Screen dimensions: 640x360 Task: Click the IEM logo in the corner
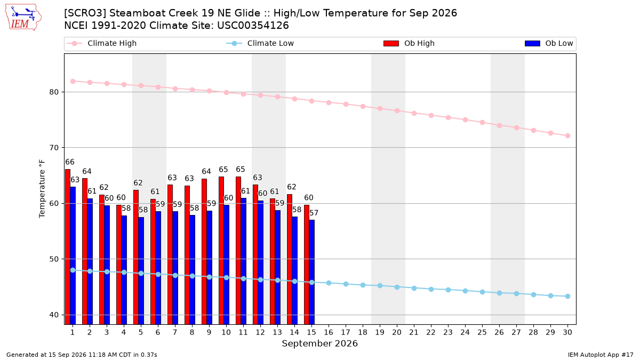tap(23, 18)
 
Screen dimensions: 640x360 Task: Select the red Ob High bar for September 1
tap(68, 246)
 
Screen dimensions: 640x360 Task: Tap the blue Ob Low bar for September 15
tap(311, 272)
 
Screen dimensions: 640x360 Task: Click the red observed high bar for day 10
tap(221, 250)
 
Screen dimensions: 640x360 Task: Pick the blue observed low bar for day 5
tap(141, 270)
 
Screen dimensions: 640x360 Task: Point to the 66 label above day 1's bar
tap(70, 162)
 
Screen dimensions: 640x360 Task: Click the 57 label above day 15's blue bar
tap(314, 213)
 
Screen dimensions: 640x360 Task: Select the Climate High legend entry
tap(102, 43)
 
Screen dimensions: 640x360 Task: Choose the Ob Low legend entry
tap(549, 43)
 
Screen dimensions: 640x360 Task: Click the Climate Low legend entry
tap(260, 43)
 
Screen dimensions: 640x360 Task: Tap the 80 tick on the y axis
tap(54, 92)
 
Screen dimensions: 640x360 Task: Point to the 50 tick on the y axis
tap(54, 259)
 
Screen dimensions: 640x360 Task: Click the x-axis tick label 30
tap(567, 332)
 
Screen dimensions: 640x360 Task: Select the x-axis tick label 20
tap(397, 332)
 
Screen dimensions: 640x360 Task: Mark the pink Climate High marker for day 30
tap(567, 135)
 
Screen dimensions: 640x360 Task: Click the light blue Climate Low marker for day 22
tap(431, 289)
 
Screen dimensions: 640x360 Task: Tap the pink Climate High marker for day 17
tap(346, 105)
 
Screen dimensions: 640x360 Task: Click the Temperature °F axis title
tap(42, 189)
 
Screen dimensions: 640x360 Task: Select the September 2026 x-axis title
tap(319, 343)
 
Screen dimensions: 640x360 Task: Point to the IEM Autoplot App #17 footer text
tap(601, 355)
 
